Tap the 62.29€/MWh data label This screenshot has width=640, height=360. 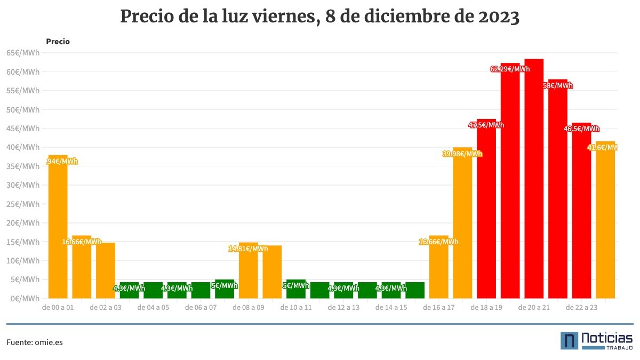[x=510, y=69]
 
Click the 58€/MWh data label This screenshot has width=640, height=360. [x=558, y=85]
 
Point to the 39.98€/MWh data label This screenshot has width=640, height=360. [x=462, y=154]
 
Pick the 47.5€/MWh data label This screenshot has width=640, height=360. [x=486, y=125]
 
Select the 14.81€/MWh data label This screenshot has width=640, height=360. [x=248, y=249]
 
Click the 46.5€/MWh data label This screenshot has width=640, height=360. [x=581, y=129]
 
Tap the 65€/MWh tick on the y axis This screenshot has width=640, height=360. [x=23, y=53]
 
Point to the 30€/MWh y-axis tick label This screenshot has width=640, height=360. [x=23, y=185]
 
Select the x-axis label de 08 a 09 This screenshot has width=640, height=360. [x=248, y=308]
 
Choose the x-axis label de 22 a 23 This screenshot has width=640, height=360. [x=581, y=308]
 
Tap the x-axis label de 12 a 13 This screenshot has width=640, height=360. [x=343, y=308]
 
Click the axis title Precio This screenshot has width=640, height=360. [x=58, y=41]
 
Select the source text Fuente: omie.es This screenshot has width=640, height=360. [x=35, y=342]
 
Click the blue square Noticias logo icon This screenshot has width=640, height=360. [x=569, y=341]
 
